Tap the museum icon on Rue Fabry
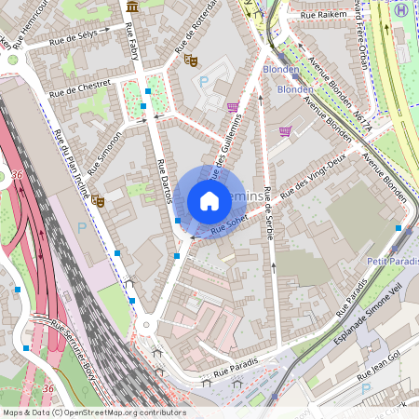click(132, 7)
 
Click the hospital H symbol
click(401, 8)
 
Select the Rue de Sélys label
click(76, 34)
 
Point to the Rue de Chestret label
click(80, 88)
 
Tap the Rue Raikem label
click(322, 16)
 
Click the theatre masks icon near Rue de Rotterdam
click(191, 61)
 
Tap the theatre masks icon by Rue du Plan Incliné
click(98, 198)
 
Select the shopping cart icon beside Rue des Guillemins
click(233, 106)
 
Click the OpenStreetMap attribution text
click(93, 412)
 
